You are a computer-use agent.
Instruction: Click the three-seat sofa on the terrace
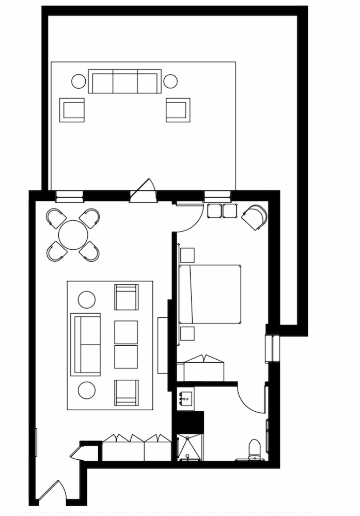point(124,81)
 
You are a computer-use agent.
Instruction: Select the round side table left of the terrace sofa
point(79,81)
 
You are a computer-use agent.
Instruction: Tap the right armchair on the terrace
point(178,110)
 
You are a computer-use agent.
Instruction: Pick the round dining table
point(73,235)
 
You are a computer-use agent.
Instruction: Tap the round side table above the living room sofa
point(87,299)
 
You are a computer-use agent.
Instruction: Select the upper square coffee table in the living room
point(126,332)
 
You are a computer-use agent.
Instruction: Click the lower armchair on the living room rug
point(126,392)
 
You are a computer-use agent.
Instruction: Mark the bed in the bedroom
point(211,294)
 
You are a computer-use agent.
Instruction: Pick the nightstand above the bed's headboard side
point(187,255)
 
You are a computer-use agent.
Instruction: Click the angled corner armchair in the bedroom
point(255,217)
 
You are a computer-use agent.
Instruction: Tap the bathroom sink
point(185,399)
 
